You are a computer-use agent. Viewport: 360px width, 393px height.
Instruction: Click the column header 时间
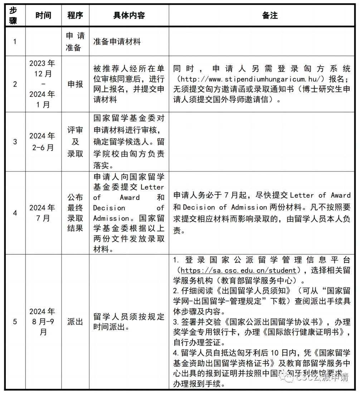point(43,15)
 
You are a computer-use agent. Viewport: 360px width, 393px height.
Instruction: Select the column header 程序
point(75,15)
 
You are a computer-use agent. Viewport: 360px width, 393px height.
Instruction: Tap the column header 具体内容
point(129,15)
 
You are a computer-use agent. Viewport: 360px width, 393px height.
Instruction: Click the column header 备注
point(269,15)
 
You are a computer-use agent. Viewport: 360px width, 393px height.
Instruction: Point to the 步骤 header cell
point(13,15)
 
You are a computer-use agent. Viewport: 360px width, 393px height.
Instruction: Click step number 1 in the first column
point(15,41)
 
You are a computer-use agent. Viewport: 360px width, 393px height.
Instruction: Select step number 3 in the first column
point(15,142)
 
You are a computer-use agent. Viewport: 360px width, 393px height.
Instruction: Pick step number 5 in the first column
point(15,321)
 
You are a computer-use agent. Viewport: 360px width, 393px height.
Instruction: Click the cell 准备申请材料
point(117,41)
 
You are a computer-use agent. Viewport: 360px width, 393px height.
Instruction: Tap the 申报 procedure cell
point(75,84)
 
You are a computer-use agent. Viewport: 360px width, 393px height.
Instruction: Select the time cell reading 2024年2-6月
point(43,142)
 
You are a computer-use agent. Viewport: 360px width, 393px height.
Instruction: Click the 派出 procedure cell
point(75,321)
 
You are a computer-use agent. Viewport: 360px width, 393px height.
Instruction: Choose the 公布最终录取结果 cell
point(75,213)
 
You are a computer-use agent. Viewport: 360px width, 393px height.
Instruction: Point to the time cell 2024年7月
point(43,213)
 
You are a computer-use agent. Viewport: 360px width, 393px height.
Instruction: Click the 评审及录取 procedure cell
point(75,142)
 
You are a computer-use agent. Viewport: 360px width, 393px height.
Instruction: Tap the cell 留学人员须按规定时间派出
point(129,321)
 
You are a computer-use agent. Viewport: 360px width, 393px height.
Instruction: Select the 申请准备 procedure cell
point(75,41)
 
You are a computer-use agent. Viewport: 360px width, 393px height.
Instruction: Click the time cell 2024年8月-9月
point(43,321)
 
